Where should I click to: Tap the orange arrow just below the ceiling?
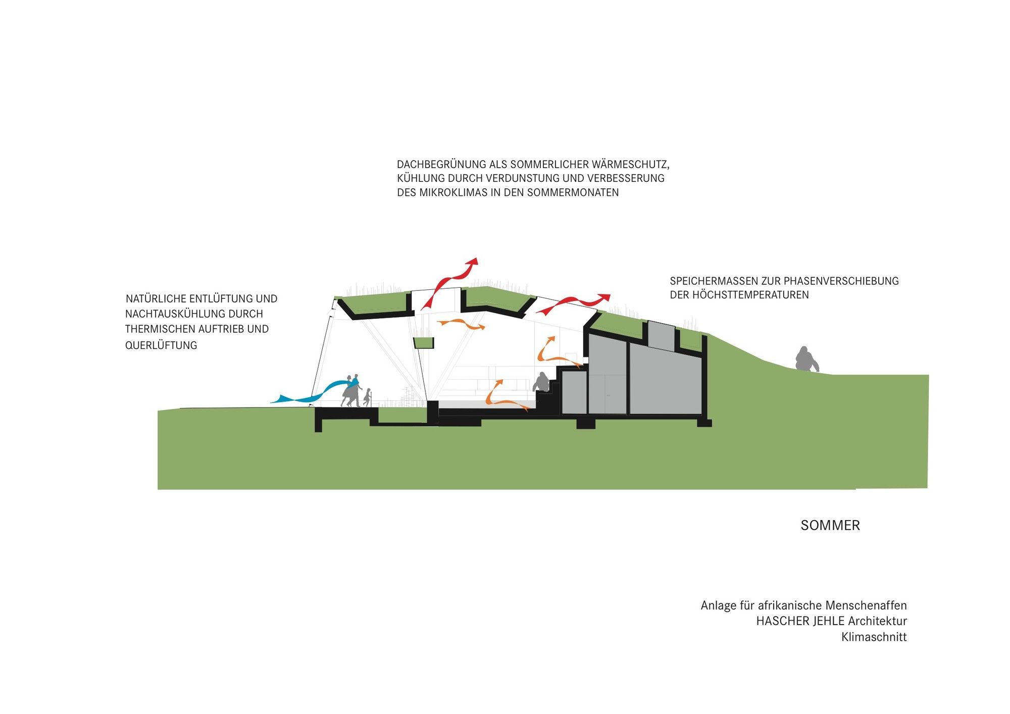tap(461, 324)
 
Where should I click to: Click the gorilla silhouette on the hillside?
tap(806, 359)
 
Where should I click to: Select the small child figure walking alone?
tap(368, 397)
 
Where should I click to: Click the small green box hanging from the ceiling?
tap(424, 343)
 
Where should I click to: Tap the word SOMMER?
tap(830, 525)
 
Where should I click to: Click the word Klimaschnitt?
tap(874, 637)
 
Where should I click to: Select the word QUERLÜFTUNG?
tap(161, 345)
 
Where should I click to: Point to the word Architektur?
tap(877, 621)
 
